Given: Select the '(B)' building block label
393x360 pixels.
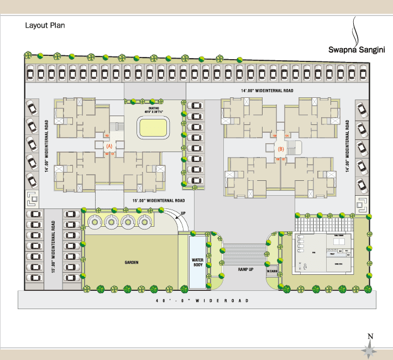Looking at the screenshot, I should pyautogui.click(x=281, y=149).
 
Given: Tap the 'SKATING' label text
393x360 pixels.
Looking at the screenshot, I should pyautogui.click(x=153, y=108).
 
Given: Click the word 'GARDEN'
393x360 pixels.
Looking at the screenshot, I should pyautogui.click(x=130, y=263).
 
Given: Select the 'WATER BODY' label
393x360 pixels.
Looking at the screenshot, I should pyautogui.click(x=198, y=262).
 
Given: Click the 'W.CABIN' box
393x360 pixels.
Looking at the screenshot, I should pyautogui.click(x=271, y=271).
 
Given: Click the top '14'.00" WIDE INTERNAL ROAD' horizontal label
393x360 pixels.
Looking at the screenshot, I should pyautogui.click(x=266, y=91).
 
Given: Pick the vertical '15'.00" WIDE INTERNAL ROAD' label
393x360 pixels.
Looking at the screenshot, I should pyautogui.click(x=55, y=248).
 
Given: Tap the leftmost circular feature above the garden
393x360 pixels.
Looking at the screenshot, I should pyautogui.click(x=94, y=222).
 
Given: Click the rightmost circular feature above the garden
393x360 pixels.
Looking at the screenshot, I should pyautogui.click(x=145, y=222).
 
